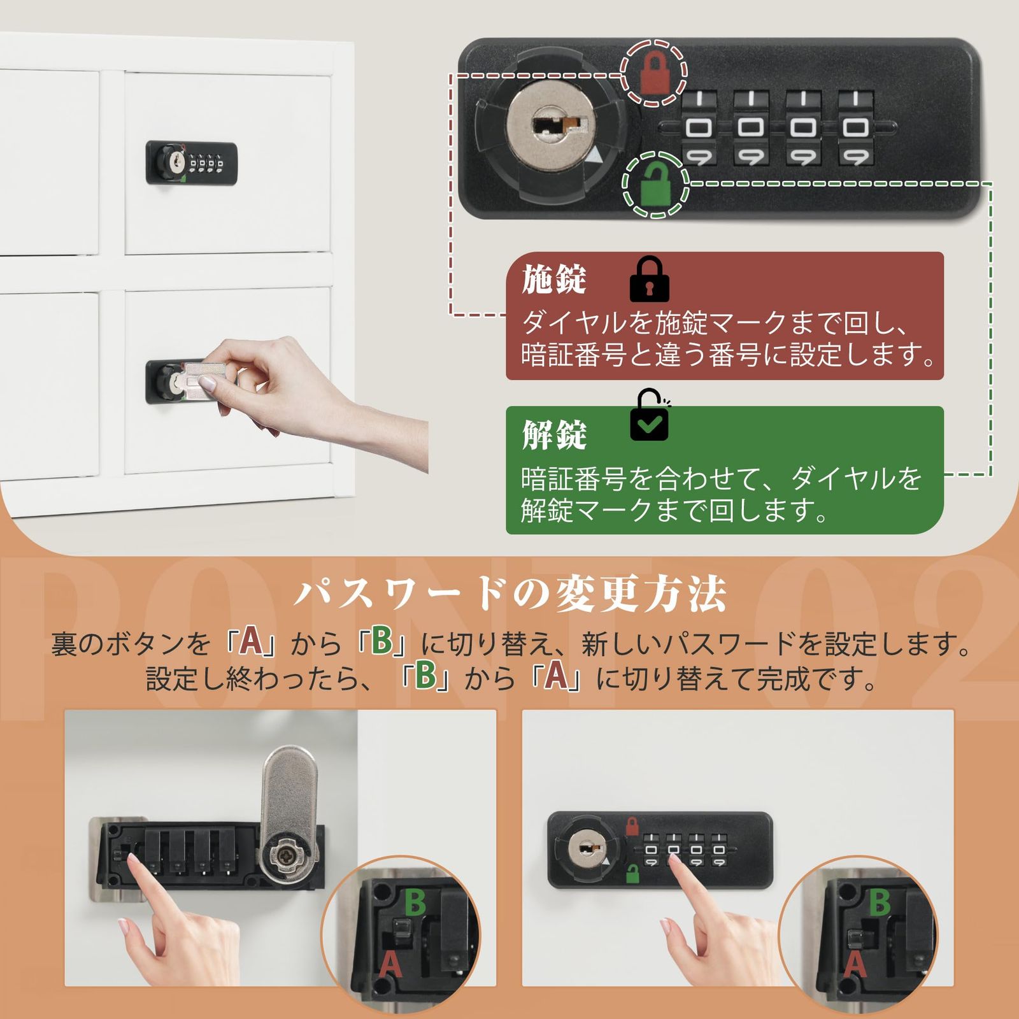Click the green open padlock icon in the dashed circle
(654, 185)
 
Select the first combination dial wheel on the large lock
(699, 128)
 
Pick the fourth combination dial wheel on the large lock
(855, 128)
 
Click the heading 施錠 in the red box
(553, 280)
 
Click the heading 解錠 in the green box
(553, 435)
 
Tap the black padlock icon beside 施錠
(648, 280)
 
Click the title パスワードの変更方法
(509, 594)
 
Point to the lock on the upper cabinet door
(192, 163)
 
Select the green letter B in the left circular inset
(415, 902)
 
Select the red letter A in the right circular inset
(855, 966)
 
